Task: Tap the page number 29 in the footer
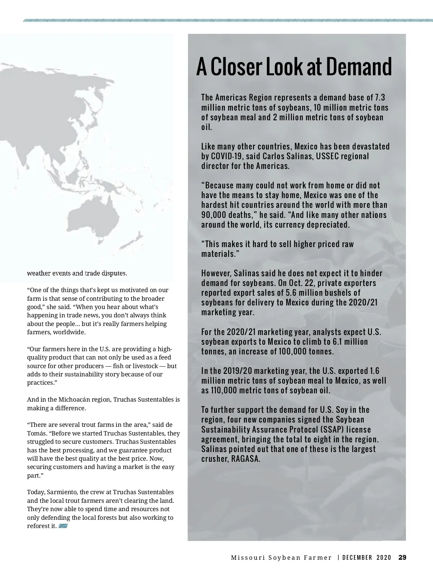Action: pyautogui.click(x=402, y=558)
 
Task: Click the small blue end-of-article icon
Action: pyautogui.click(x=63, y=526)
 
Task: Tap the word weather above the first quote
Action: pyautogui.click(x=39, y=273)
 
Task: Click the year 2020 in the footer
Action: pyautogui.click(x=384, y=558)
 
